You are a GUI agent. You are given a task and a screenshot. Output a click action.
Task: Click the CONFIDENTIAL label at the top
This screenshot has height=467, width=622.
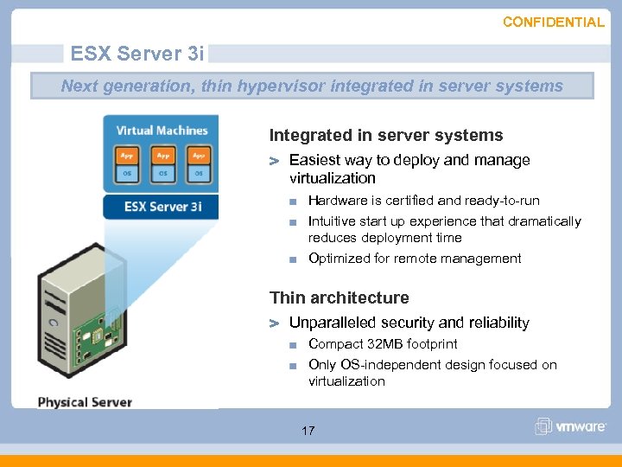(x=553, y=22)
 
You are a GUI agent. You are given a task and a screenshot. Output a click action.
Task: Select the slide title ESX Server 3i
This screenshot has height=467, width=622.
(x=137, y=54)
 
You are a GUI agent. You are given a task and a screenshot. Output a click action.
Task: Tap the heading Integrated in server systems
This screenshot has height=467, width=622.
(x=385, y=135)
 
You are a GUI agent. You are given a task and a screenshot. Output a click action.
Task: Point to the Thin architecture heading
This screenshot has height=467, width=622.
(x=339, y=297)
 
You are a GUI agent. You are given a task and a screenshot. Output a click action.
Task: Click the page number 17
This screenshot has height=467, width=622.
(x=308, y=431)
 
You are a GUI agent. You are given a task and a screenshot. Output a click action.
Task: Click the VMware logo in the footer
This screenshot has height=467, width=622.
(x=569, y=426)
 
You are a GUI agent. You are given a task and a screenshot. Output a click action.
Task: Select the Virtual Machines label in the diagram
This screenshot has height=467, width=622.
(x=162, y=131)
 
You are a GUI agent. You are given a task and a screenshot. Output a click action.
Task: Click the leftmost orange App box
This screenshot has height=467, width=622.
(x=127, y=157)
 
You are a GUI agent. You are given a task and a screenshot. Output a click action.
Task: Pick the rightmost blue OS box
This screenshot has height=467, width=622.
(x=199, y=174)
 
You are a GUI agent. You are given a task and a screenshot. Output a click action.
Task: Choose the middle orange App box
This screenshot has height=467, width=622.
(x=162, y=157)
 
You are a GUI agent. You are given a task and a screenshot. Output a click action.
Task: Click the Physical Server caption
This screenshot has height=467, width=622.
(x=85, y=402)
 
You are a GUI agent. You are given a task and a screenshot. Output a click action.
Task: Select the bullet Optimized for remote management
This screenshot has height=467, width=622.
(x=415, y=259)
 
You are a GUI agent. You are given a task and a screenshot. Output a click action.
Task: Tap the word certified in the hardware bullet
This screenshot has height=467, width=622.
(x=405, y=201)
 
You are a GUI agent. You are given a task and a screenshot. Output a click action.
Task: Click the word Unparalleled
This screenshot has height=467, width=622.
(x=332, y=323)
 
